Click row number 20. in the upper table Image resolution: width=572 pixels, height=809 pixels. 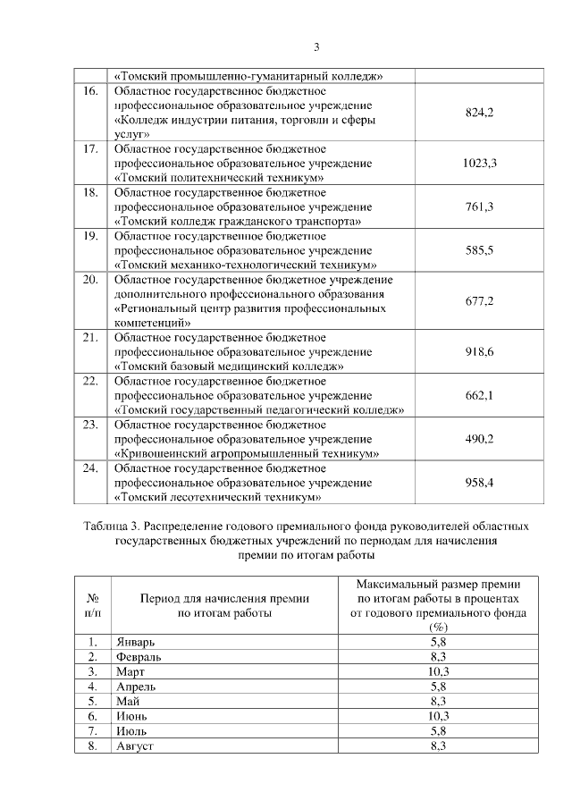pyautogui.click(x=89, y=280)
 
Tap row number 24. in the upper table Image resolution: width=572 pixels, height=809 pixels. pyautogui.click(x=89, y=468)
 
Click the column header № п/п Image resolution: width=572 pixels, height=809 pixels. pyautogui.click(x=92, y=605)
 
